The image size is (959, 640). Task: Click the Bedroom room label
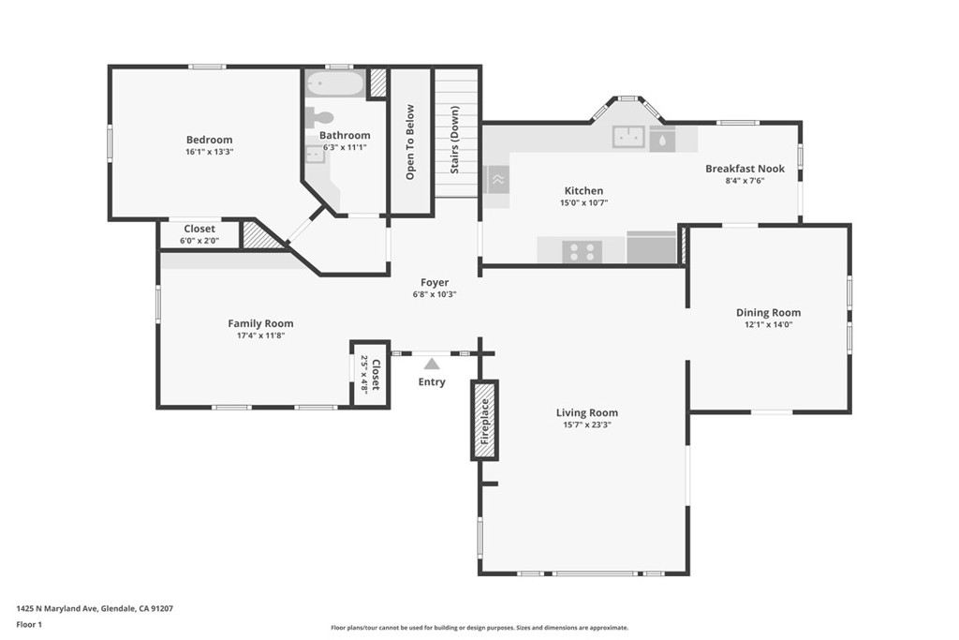[209, 140]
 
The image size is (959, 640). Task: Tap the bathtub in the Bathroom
[335, 83]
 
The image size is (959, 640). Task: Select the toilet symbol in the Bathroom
[320, 117]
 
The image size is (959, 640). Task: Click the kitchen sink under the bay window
[628, 137]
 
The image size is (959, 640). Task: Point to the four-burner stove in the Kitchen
[583, 251]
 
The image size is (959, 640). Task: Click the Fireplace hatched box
[484, 421]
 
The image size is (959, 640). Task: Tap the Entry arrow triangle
[432, 365]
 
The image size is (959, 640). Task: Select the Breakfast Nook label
[745, 169]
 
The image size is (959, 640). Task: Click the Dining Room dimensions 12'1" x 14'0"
[768, 324]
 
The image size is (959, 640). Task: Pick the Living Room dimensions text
[587, 424]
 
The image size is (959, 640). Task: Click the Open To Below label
[410, 141]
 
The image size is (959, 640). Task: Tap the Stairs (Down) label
[454, 141]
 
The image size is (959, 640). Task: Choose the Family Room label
[260, 323]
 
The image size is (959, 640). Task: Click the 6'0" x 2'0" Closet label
[199, 241]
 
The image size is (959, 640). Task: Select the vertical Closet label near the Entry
[376, 375]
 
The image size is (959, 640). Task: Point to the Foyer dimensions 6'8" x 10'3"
[435, 294]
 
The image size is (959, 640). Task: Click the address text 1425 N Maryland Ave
[56, 608]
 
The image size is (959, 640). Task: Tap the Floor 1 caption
[29, 625]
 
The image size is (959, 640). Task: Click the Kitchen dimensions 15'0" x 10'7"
[584, 202]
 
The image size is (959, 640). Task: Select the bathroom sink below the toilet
[315, 155]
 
